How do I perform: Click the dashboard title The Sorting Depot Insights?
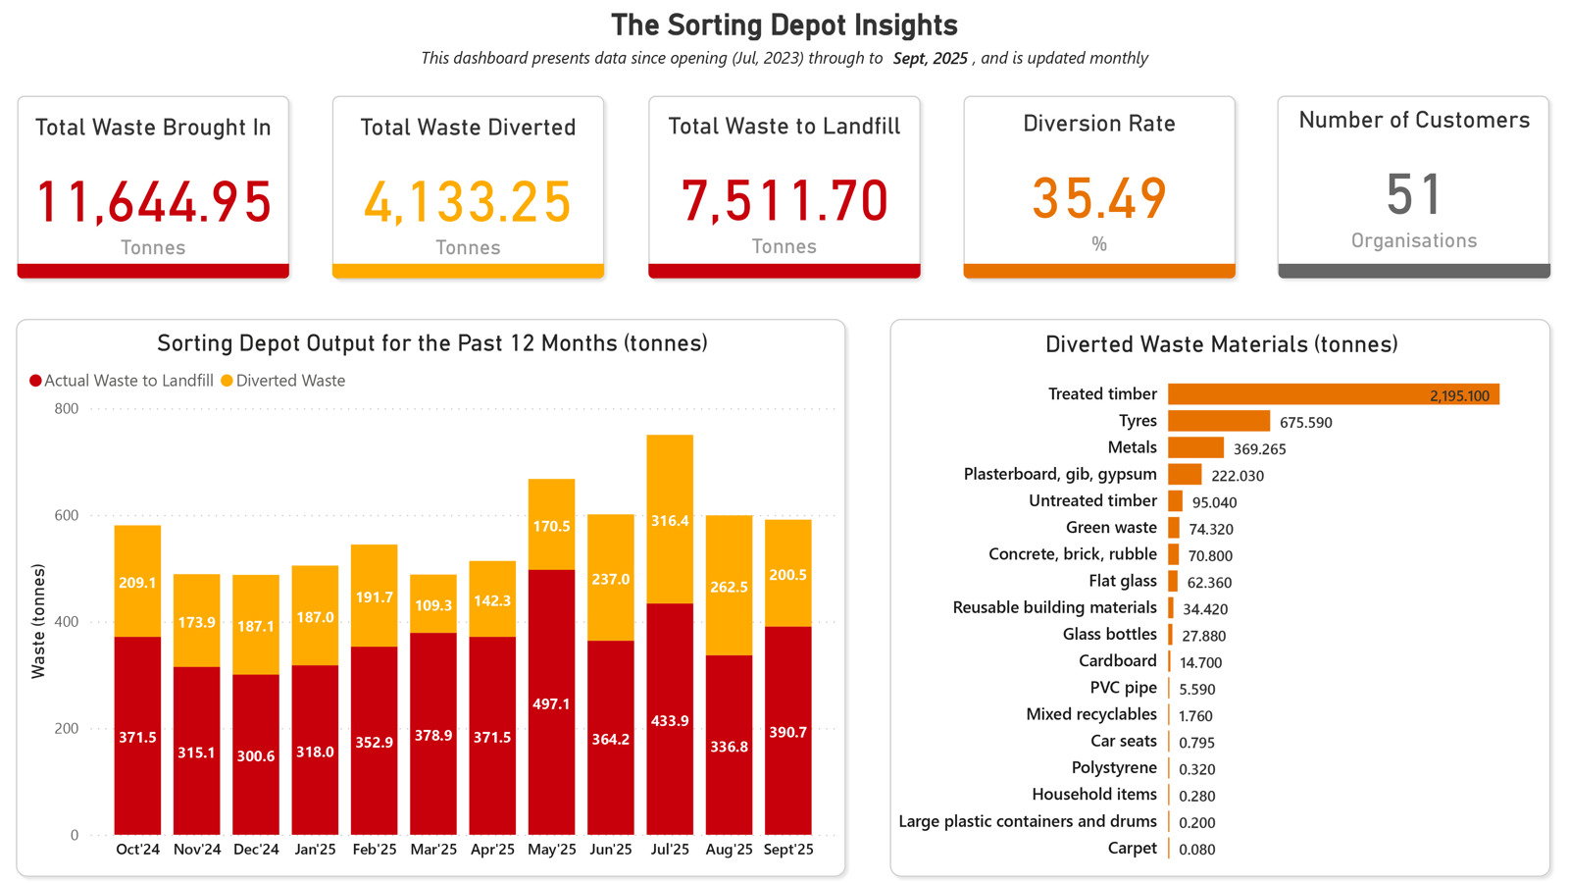coord(784,26)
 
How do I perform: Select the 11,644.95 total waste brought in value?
coord(153,202)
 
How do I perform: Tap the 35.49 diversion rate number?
coord(1099,198)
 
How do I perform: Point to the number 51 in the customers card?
coord(1413,194)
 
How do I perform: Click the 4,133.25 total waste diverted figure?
coord(468,202)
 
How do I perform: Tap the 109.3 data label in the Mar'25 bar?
coord(433,605)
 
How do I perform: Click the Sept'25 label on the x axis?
coord(788,850)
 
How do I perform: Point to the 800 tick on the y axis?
coord(67,409)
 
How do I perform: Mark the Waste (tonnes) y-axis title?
coord(38,621)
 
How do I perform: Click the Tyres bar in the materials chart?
coord(1219,421)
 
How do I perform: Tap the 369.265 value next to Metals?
coord(1260,449)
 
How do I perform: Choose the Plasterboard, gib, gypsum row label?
coord(1060,474)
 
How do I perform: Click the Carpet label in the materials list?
coord(1133,848)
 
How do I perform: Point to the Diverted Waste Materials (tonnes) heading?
coord(1221,344)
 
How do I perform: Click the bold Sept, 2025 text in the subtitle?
coord(931,58)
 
